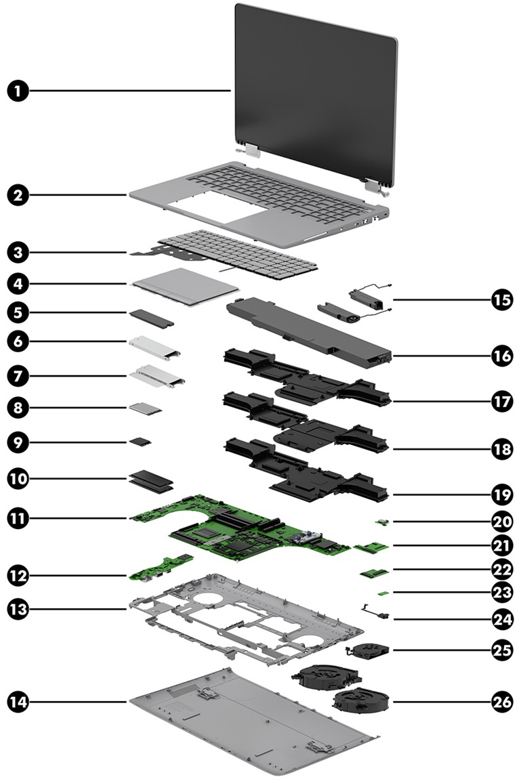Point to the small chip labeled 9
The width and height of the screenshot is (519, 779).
click(141, 442)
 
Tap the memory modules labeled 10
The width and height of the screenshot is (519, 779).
click(151, 481)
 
